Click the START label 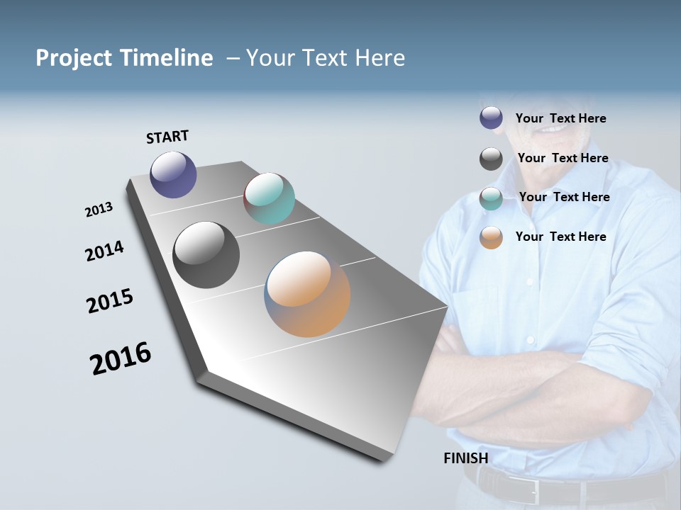click(167, 137)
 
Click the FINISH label click(465, 458)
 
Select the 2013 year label click(99, 210)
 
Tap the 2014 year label click(104, 251)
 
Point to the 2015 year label click(110, 301)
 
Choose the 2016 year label click(121, 358)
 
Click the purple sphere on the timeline click(173, 174)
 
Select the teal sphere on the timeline click(269, 198)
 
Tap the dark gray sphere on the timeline click(206, 255)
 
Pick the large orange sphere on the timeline click(307, 294)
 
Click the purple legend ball click(491, 118)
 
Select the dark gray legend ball click(491, 159)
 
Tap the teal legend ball click(491, 198)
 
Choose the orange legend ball click(491, 237)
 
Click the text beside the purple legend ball click(560, 118)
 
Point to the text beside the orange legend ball click(560, 237)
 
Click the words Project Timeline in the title click(124, 58)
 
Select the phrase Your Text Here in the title click(325, 58)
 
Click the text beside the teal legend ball click(564, 197)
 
